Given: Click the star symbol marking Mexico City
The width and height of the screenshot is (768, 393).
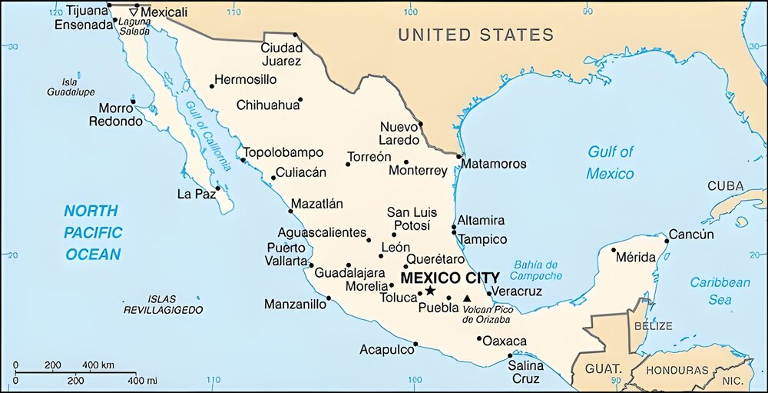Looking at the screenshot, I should (430, 291).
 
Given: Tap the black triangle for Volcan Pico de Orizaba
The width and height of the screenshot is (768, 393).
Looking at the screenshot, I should (467, 298).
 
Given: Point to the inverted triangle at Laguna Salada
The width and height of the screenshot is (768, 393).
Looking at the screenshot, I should (136, 12).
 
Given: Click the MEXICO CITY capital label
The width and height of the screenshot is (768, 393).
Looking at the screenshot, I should (450, 277).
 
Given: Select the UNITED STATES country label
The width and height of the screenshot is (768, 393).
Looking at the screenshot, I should (475, 35).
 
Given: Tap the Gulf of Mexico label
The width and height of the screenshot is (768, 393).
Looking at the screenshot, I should (611, 162).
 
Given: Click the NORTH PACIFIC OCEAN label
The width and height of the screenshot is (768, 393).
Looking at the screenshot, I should (92, 232).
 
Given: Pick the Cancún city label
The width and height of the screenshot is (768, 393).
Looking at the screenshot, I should (691, 235).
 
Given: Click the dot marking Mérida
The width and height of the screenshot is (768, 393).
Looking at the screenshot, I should (614, 249).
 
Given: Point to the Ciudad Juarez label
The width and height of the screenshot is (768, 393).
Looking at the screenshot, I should (280, 55).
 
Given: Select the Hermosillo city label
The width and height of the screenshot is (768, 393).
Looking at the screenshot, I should (246, 79).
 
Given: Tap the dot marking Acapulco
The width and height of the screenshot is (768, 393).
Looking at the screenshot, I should (415, 344).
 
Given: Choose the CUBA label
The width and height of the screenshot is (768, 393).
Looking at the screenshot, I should (725, 186).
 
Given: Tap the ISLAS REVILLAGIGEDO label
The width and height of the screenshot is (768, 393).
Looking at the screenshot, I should (163, 304).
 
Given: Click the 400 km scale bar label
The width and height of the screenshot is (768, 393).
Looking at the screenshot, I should (98, 364).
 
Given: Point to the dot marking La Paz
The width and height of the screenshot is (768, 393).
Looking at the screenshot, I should (218, 188).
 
